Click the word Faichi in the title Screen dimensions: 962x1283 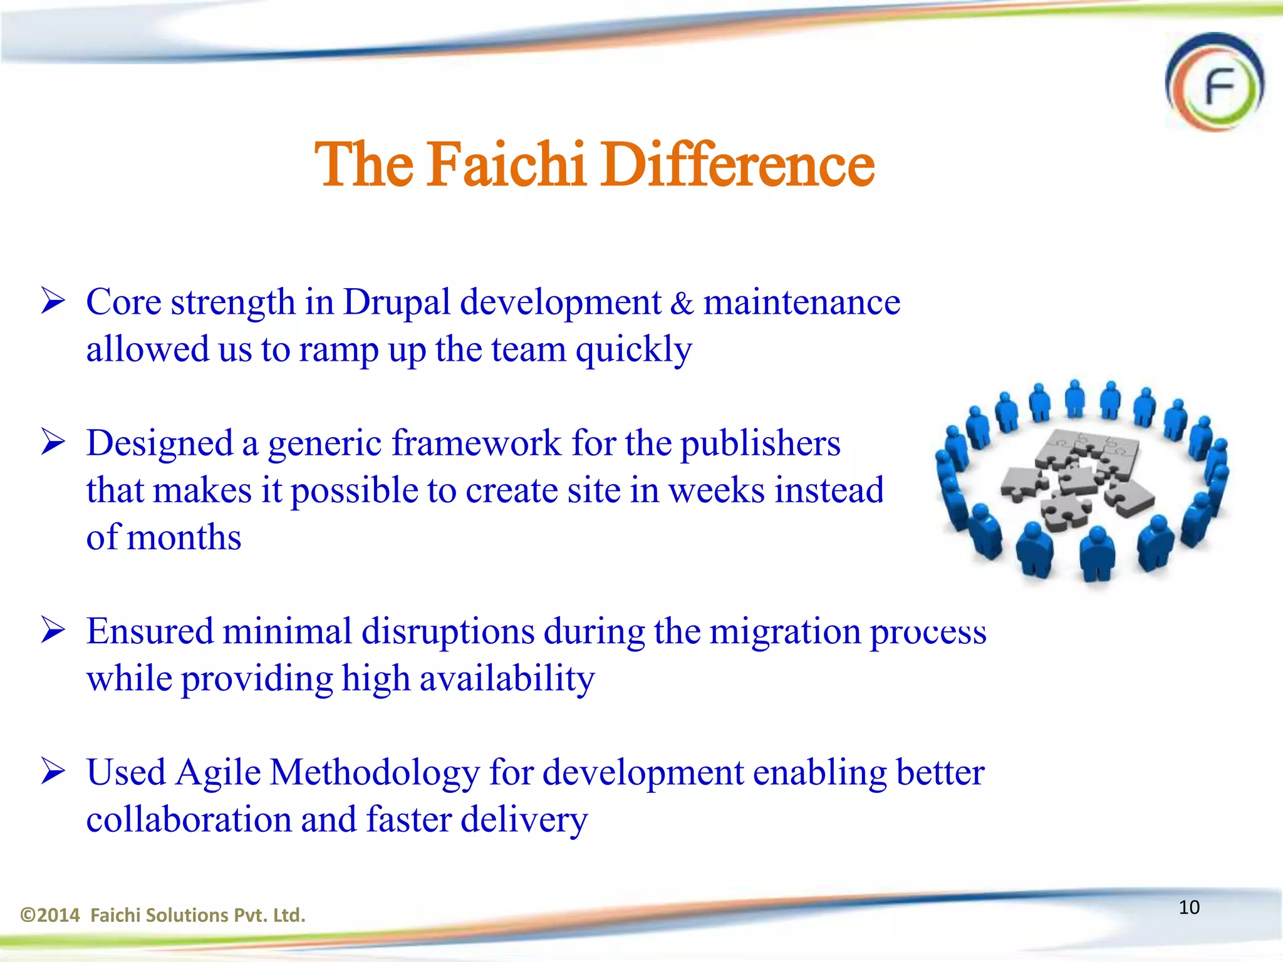click(506, 164)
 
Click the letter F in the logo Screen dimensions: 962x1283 click(1218, 88)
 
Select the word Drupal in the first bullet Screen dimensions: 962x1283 click(397, 303)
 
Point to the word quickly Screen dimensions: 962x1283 click(633, 349)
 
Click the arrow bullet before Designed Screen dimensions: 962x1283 click(53, 442)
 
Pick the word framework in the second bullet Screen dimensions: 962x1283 click(477, 443)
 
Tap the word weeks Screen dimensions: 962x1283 click(717, 490)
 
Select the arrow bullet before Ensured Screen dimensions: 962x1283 click(53, 630)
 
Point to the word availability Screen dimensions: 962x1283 click(506, 679)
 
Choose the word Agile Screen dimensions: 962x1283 click(217, 772)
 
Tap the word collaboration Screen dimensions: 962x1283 click(189, 819)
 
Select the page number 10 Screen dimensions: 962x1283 click(1188, 907)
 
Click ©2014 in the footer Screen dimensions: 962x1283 click(50, 915)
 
